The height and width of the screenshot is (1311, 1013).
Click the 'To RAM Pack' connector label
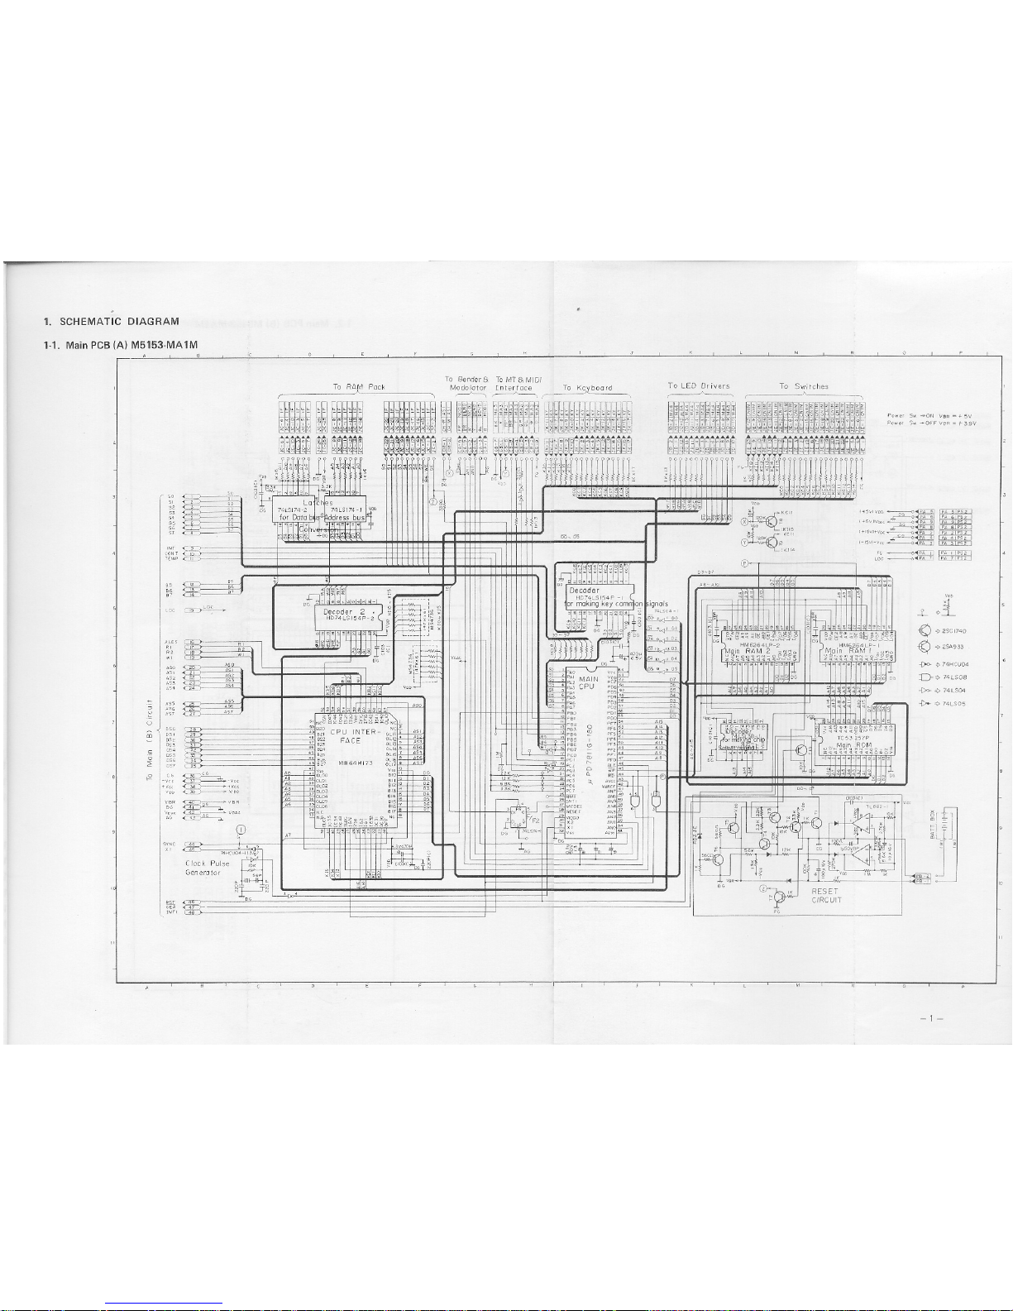tap(359, 386)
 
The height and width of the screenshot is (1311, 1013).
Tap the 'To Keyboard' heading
tap(587, 387)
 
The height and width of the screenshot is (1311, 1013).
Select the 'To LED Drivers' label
tap(699, 385)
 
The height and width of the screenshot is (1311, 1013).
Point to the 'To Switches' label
tap(803, 385)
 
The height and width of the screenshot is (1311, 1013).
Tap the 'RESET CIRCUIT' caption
tap(825, 895)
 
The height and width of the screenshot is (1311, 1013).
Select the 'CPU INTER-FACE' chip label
tap(351, 736)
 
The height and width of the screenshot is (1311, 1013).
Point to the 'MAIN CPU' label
tap(587, 682)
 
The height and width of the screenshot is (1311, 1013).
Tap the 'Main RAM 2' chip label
tap(743, 652)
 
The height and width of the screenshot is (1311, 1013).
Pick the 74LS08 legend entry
tap(955, 677)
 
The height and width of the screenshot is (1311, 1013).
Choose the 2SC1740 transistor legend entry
tap(955, 631)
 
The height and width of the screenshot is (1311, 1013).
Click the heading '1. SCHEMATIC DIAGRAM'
tap(112, 321)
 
